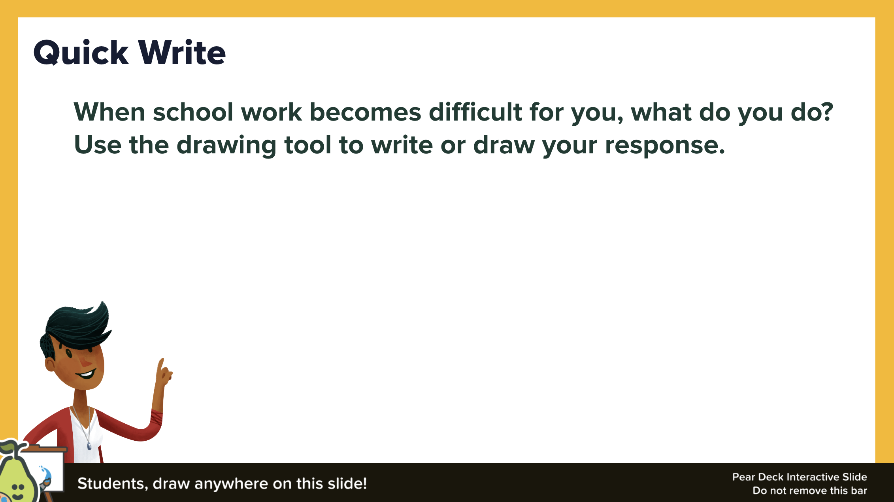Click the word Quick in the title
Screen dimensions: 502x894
(x=81, y=53)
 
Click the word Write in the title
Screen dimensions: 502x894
(x=182, y=53)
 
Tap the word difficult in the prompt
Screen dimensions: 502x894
(x=475, y=112)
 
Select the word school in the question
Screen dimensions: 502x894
(x=193, y=112)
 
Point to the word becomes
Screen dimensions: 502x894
(x=365, y=112)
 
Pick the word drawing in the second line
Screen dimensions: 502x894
(x=226, y=145)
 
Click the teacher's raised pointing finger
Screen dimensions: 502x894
(x=161, y=364)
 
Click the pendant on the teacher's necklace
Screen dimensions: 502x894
(x=89, y=446)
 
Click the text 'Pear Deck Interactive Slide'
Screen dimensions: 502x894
(x=800, y=477)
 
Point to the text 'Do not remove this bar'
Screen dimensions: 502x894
(x=809, y=491)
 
